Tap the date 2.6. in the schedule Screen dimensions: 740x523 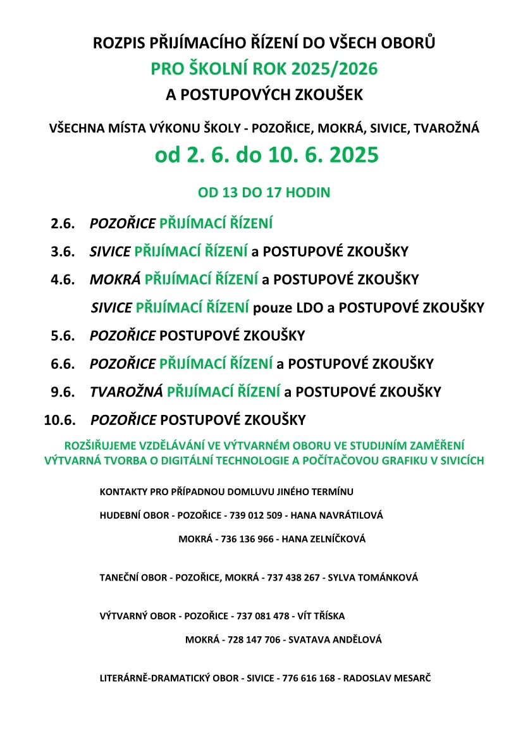pos(63,223)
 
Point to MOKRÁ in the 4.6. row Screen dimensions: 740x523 pos(114,280)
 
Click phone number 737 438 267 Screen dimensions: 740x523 pos(293,577)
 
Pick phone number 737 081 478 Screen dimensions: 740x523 pos(262,615)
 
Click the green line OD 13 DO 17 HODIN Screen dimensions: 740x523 pos(264,192)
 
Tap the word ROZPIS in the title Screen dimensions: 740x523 pos(118,44)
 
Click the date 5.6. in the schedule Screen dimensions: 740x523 pos(63,336)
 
